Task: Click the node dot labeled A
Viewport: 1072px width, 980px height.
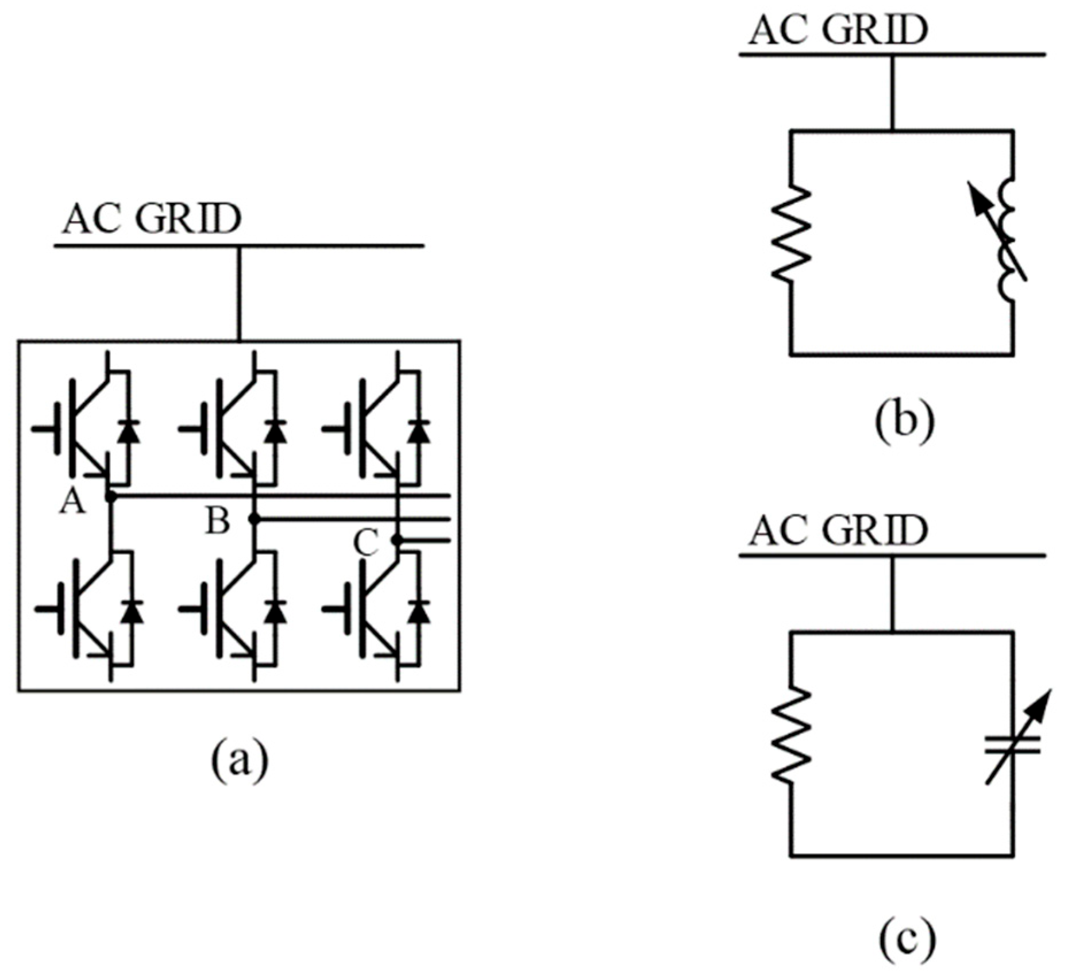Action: coord(111,496)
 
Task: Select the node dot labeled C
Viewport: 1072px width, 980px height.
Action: coord(395,540)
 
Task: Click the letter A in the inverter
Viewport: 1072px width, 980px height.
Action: coord(73,503)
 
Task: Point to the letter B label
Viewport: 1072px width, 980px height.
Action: coord(218,522)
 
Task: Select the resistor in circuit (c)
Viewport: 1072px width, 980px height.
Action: coord(791,735)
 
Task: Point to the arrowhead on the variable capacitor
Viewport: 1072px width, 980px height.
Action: coord(1042,703)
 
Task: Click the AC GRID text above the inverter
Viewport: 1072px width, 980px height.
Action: coord(152,219)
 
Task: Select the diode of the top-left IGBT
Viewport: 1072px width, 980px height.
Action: coord(129,431)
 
